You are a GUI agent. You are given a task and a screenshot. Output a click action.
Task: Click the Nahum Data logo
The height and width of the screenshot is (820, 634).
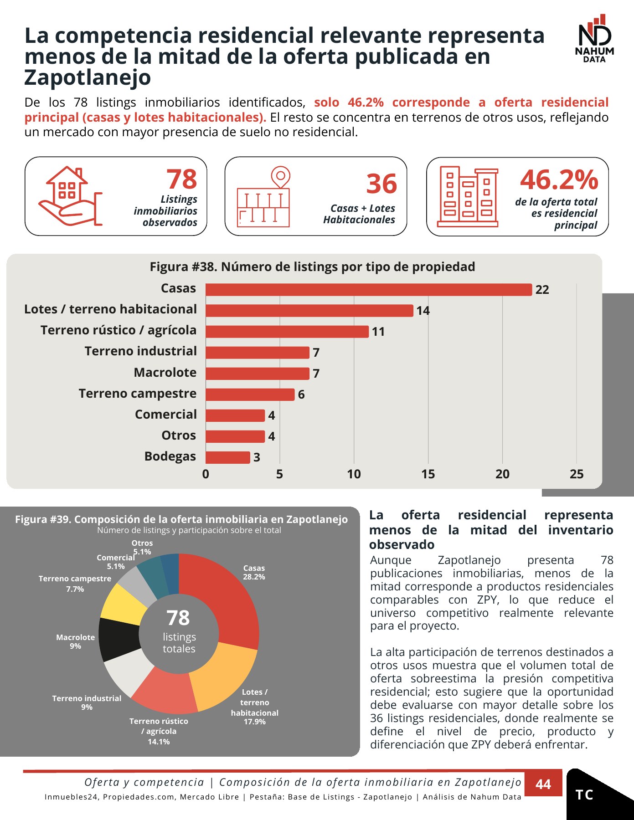point(594,38)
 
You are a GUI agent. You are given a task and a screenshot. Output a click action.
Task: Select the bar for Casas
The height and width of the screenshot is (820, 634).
point(369,289)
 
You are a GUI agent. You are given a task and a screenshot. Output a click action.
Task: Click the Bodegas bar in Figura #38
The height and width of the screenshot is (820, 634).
point(228,457)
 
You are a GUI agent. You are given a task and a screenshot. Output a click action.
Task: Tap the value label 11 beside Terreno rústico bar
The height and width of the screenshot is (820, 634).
point(378,332)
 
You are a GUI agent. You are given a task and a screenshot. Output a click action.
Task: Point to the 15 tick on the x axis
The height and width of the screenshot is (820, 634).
point(428,474)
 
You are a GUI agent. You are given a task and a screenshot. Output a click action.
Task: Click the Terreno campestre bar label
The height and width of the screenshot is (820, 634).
point(138,393)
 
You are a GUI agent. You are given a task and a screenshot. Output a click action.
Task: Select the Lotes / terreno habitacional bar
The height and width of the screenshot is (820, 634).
point(309,310)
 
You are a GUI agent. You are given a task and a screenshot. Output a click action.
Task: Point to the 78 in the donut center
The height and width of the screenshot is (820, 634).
point(178,618)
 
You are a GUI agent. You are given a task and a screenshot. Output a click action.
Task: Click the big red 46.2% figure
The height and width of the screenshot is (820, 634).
point(559,179)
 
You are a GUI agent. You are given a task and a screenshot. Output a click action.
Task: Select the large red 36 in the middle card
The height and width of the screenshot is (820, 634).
point(382,184)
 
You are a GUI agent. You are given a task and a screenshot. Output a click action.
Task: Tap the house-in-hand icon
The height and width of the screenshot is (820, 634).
point(70,196)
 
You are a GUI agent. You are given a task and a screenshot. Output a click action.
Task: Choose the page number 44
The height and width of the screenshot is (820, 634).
point(543,784)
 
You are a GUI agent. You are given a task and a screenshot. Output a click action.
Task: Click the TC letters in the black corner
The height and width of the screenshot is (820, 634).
point(584,795)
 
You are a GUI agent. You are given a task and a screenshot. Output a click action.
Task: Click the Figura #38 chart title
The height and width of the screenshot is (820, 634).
point(313,266)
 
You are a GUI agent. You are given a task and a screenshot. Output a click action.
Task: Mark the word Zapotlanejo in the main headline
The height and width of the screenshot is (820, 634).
point(88,77)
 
